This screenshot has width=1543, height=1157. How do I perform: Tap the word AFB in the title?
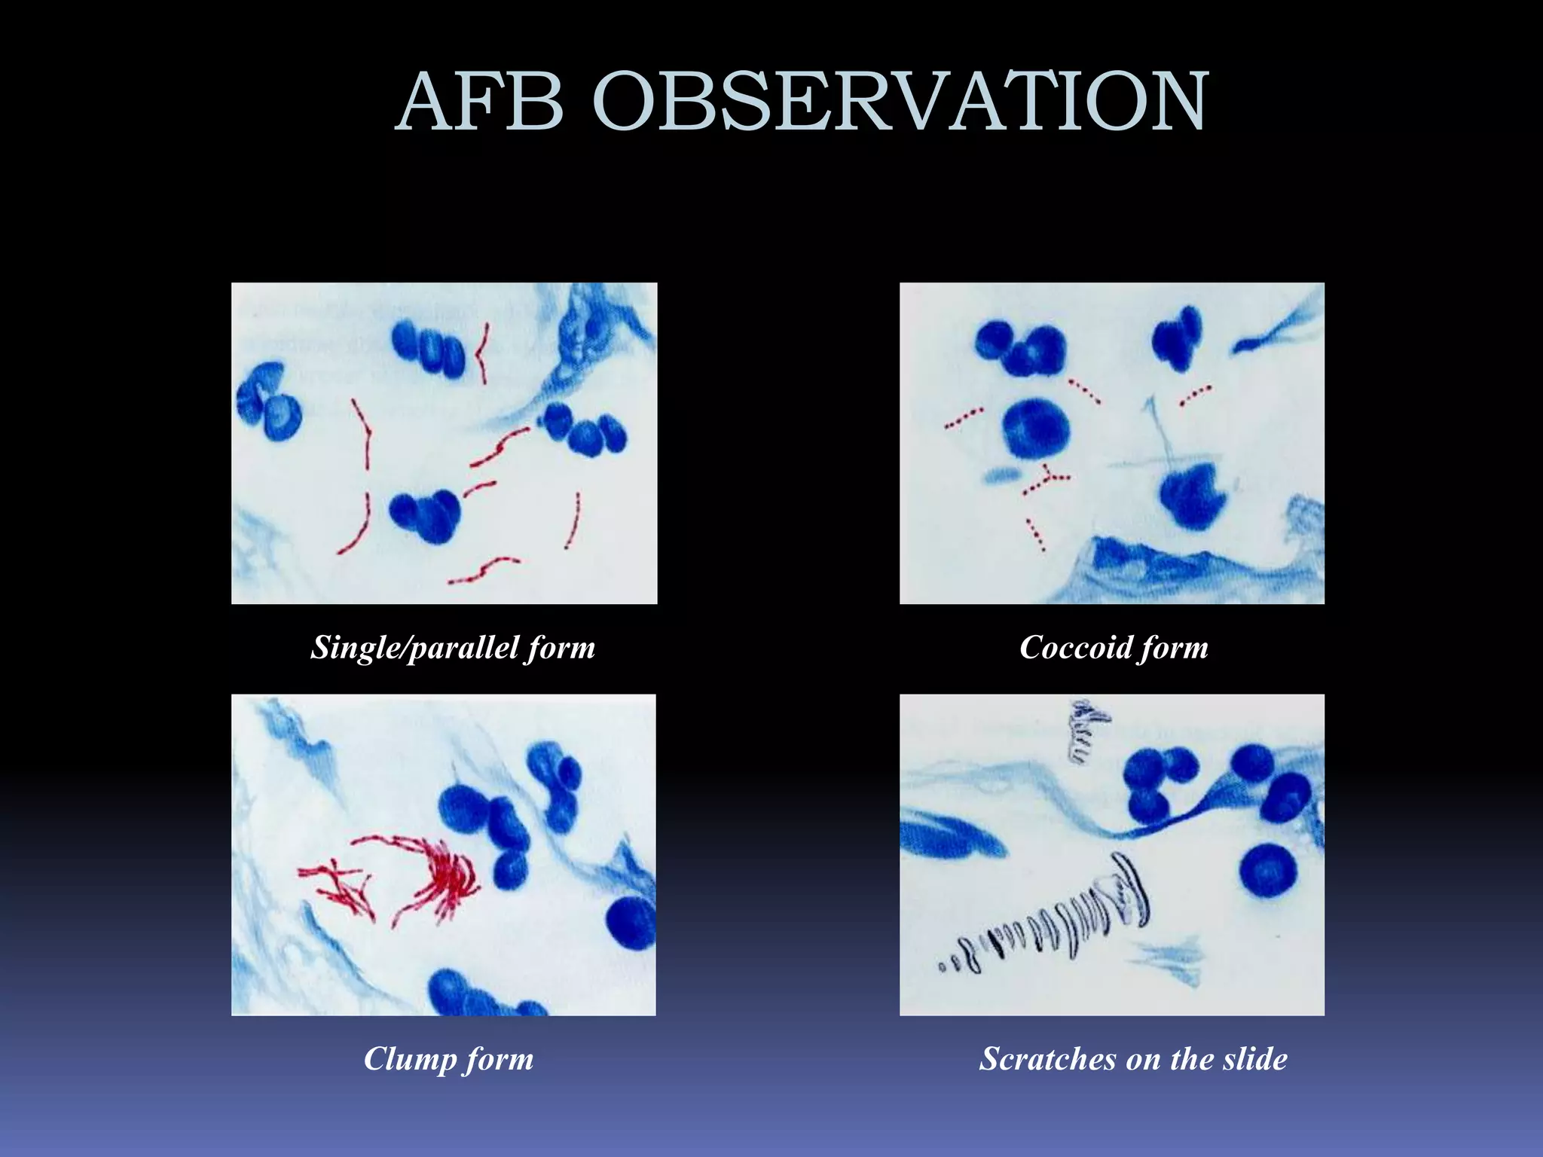coord(480,102)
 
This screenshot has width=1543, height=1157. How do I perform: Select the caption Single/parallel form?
coord(453,647)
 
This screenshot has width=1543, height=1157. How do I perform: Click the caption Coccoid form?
coord(1113,647)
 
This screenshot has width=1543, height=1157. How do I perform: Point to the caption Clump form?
coord(448,1058)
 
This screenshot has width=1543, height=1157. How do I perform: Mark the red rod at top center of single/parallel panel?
coord(482,350)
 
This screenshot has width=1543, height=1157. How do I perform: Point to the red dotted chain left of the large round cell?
coord(964,419)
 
